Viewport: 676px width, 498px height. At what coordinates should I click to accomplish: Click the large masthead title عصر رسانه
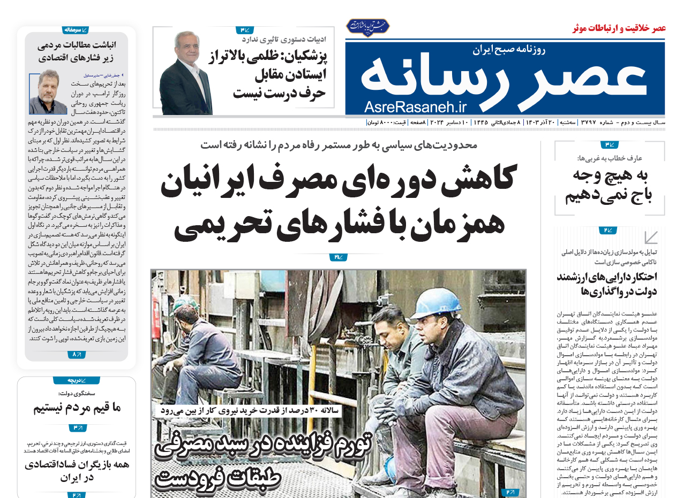tap(504, 77)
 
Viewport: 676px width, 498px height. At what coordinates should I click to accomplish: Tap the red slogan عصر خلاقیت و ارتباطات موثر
tap(619, 28)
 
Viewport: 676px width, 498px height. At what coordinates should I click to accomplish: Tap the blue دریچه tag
tap(76, 380)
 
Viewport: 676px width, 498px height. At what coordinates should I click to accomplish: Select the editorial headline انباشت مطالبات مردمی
tap(76, 45)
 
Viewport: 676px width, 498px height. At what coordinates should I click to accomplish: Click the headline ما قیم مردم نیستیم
tap(77, 409)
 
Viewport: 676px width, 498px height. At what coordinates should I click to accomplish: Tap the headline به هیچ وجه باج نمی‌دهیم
tap(610, 185)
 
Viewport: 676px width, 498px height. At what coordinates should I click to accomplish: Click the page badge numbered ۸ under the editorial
tap(76, 354)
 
